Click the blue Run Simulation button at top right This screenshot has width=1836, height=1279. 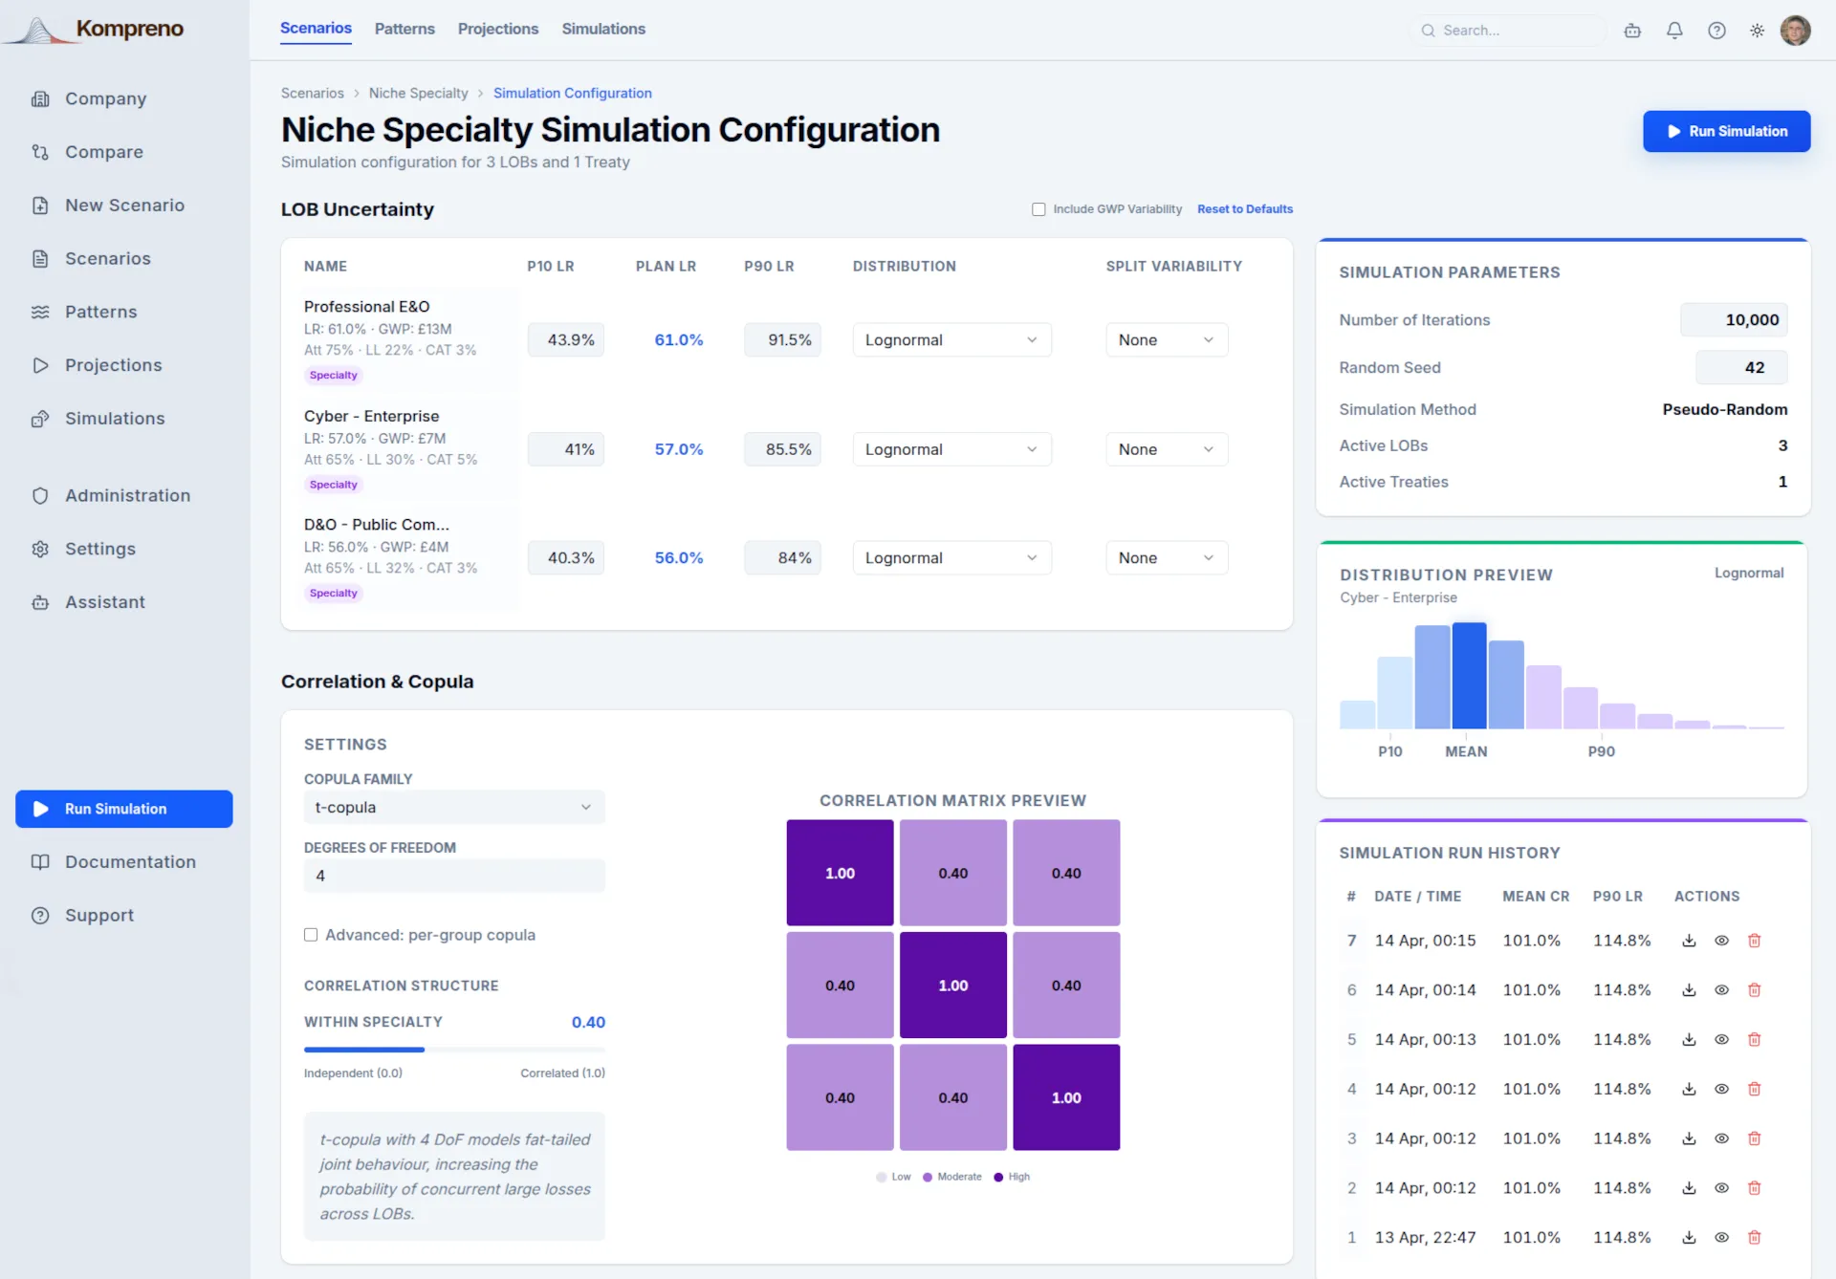tap(1726, 131)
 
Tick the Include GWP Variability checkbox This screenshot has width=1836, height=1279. tap(1038, 209)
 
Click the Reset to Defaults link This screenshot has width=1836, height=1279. tap(1244, 209)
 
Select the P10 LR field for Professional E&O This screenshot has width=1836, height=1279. tap(565, 339)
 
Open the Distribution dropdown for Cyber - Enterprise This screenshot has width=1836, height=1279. tap(951, 449)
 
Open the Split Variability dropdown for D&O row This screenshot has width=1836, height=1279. tap(1167, 558)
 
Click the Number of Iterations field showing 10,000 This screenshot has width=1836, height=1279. tap(1734, 320)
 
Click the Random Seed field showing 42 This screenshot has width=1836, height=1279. tap(1741, 367)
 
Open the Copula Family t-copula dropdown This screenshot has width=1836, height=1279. tap(454, 808)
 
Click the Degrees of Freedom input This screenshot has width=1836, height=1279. tap(454, 876)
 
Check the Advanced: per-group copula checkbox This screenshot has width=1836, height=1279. tap(311, 935)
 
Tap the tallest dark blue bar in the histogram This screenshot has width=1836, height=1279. tap(1469, 676)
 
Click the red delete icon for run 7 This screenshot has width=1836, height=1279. tap(1754, 941)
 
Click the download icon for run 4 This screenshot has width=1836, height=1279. tap(1689, 1089)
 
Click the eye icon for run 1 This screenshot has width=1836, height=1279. tap(1721, 1237)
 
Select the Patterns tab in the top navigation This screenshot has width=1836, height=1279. tap(404, 29)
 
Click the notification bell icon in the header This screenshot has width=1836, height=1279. tap(1674, 31)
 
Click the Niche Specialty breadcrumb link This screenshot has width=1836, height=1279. tap(418, 93)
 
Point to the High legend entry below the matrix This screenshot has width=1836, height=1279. tap(1012, 1177)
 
